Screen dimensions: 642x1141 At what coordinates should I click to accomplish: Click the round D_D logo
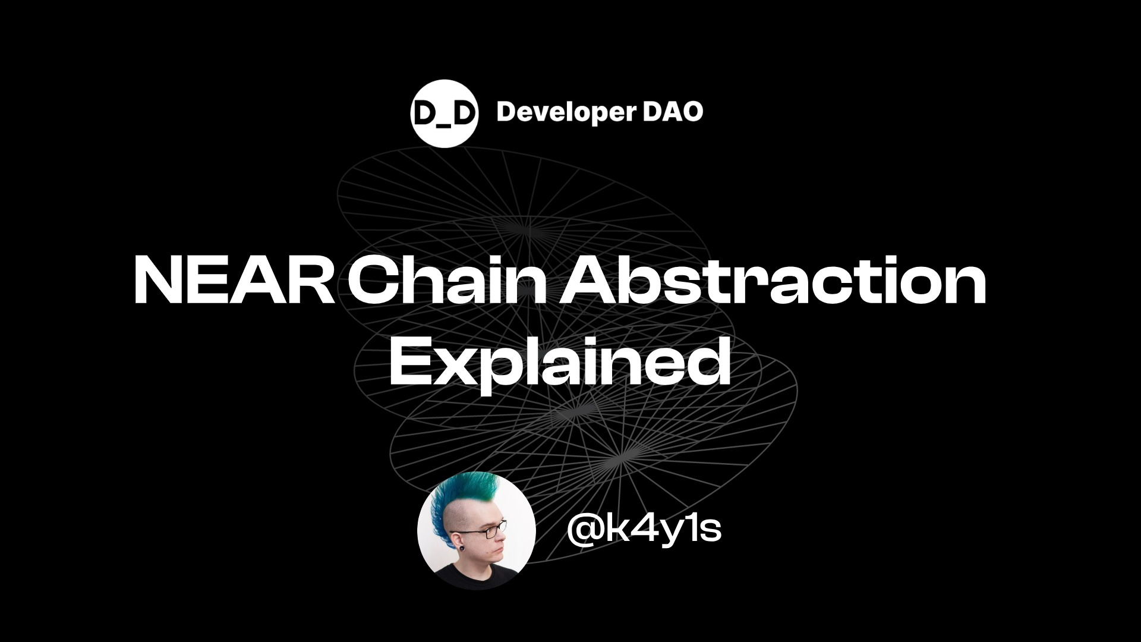444,112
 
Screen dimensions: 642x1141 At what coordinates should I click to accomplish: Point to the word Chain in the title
446,279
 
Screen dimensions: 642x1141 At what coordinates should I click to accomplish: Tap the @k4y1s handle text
644,528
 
